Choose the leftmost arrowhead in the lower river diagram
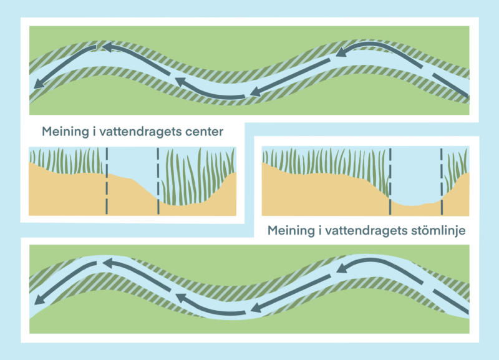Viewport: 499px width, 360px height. [x=38, y=299]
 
